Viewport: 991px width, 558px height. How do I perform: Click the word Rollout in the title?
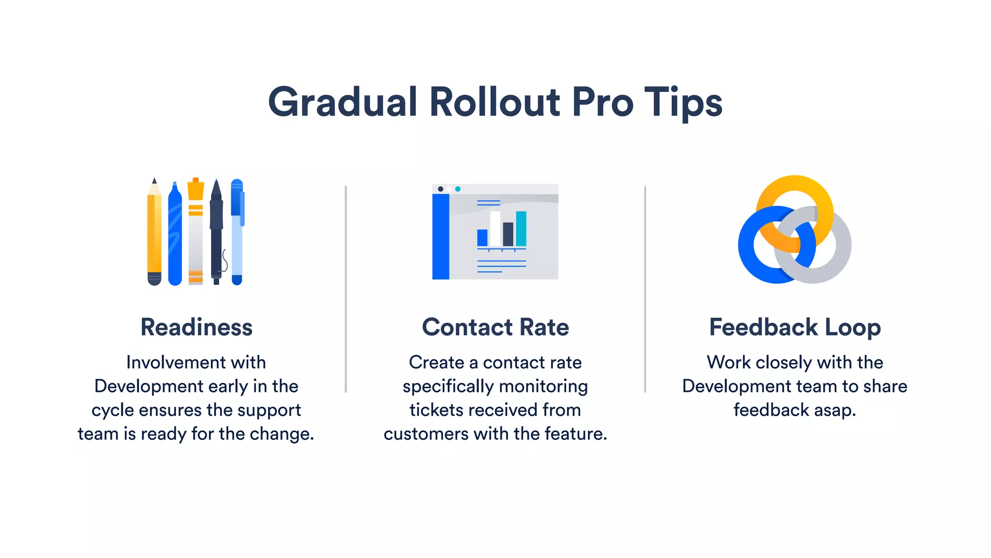click(x=495, y=102)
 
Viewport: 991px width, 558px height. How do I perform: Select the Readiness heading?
click(x=196, y=327)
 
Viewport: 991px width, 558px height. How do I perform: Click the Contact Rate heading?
click(x=495, y=327)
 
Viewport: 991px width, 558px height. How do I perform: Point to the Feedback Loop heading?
click(x=795, y=327)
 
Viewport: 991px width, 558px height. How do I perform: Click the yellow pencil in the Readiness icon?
click(x=154, y=232)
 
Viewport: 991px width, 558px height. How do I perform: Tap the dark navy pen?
click(x=216, y=232)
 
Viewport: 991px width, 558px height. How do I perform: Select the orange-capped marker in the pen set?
click(x=195, y=232)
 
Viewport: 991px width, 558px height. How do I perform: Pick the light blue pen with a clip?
click(x=237, y=232)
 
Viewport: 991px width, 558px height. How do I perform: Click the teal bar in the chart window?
click(x=521, y=229)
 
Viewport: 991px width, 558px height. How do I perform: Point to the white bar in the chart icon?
click(x=495, y=229)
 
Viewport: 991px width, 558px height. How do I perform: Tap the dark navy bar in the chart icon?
click(x=508, y=234)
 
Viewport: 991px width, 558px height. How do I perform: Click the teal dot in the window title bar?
click(x=458, y=189)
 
